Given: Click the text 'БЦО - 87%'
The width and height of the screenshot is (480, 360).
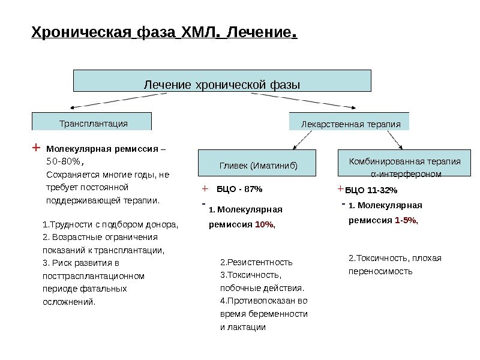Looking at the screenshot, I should click(x=239, y=189).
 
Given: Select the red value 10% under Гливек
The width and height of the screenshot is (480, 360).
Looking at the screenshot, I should click(x=265, y=225).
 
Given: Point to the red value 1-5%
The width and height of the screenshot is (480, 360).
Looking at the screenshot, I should click(x=406, y=220).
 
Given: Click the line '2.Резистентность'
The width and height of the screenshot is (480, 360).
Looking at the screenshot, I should click(x=256, y=262).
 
